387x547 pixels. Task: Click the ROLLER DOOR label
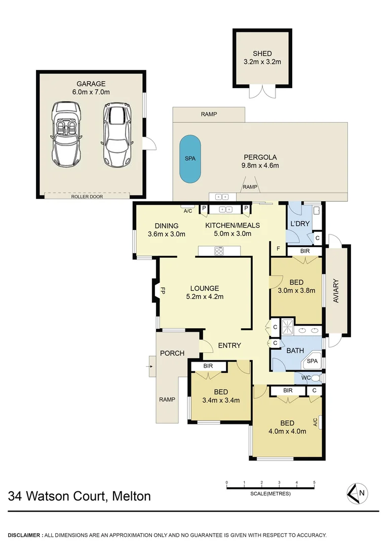coord(87,197)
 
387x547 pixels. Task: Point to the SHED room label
coord(262,54)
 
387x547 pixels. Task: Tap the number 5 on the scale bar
coord(314,482)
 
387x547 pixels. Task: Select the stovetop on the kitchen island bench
coord(219,250)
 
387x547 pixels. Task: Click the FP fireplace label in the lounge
coord(163,291)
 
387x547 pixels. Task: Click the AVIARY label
coord(336,291)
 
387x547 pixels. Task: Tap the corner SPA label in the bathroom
coord(313,362)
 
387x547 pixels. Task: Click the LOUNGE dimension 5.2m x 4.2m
coord(205,297)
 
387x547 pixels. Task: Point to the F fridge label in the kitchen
coord(278,248)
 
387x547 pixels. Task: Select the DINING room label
coord(167,226)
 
